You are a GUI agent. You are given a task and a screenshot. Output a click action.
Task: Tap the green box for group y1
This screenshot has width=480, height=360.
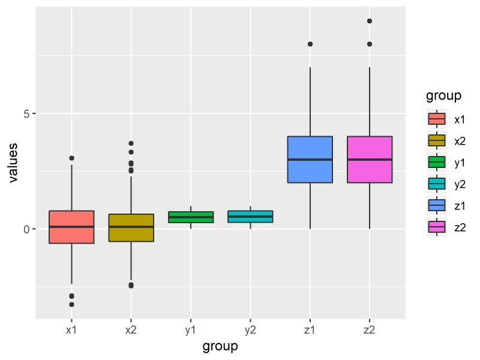pos(191,217)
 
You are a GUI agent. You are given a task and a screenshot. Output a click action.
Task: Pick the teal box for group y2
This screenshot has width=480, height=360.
pos(250,217)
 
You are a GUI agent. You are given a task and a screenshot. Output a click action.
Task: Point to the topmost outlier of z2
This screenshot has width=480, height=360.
pos(370,21)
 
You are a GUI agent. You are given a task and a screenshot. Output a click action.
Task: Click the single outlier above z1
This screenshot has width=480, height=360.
pos(310,44)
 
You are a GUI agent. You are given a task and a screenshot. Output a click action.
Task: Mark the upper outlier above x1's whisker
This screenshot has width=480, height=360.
pos(71,158)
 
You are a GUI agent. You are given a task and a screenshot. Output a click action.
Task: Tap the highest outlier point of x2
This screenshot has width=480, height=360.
pos(131,143)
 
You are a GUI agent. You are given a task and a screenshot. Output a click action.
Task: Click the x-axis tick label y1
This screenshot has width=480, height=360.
pos(191,330)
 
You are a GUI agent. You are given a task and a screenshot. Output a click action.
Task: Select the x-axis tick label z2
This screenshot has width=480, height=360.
pos(370,330)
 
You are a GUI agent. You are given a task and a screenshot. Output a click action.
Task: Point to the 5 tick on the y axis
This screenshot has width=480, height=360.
pos(26,114)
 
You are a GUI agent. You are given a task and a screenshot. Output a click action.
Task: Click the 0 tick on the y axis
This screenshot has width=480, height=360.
pos(26,229)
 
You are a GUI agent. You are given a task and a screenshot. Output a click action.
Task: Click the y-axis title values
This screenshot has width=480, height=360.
pos(12,162)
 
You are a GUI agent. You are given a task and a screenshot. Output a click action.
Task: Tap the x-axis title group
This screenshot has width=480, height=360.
pos(220,346)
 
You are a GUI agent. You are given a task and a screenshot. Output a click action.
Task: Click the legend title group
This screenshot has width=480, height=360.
pos(443,96)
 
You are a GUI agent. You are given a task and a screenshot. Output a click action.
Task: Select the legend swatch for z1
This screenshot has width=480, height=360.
pos(436,205)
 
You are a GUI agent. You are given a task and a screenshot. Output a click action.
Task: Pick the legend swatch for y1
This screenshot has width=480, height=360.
pos(436,162)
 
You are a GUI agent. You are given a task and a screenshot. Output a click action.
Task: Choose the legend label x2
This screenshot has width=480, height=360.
pos(460,140)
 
